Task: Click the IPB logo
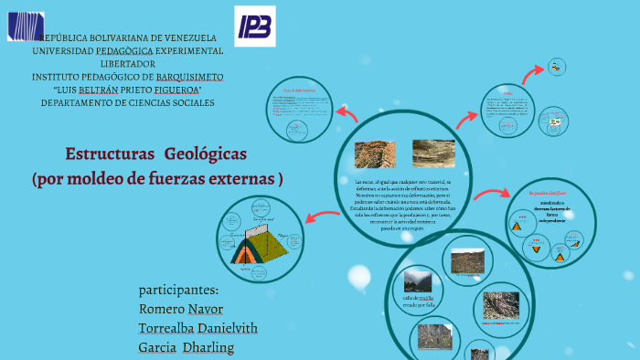tap(254, 26)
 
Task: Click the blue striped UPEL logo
tap(26, 26)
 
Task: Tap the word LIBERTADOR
tap(127, 64)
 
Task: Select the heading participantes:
tap(178, 290)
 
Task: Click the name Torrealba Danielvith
tap(197, 328)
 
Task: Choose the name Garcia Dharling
tap(187, 347)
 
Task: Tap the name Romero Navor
tap(181, 309)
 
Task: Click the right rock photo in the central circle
tap(433, 153)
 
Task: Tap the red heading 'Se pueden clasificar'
tap(548, 194)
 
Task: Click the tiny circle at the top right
tap(556, 67)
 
